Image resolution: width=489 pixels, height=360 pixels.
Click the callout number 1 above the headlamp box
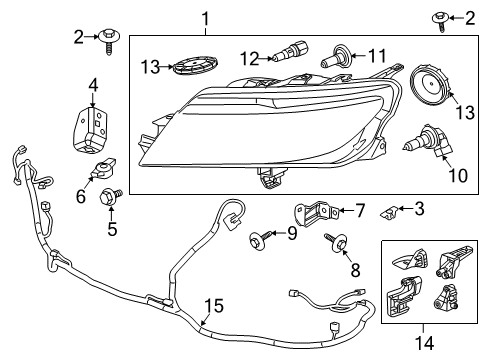[x=205, y=17]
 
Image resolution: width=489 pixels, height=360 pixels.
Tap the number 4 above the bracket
[x=91, y=84]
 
